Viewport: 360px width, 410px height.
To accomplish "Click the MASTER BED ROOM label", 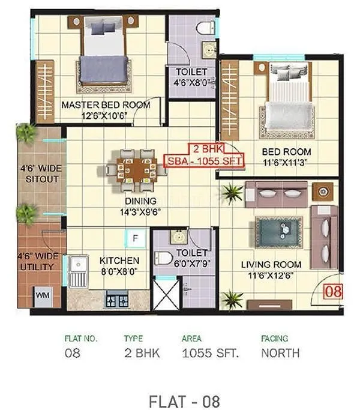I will click(106, 105).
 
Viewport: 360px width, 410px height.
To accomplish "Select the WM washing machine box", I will click(41, 295).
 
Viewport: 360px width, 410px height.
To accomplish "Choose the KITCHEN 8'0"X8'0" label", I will click(119, 265).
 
